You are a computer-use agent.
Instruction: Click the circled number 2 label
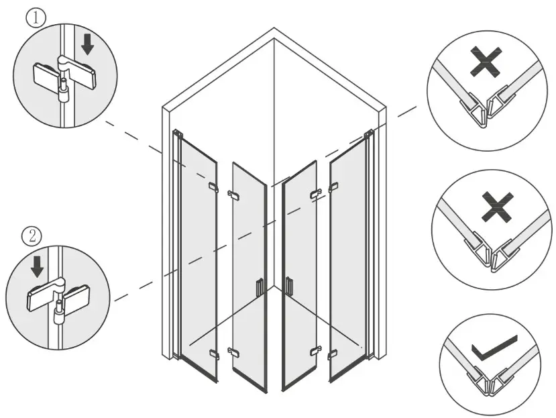tap(32, 236)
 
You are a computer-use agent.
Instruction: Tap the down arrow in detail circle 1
tap(87, 45)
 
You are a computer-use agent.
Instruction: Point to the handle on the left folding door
tap(260, 287)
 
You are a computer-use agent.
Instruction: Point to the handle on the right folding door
tap(289, 285)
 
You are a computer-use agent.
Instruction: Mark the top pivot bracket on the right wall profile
tap(368, 135)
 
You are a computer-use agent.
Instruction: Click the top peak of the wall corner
tap(274, 29)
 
